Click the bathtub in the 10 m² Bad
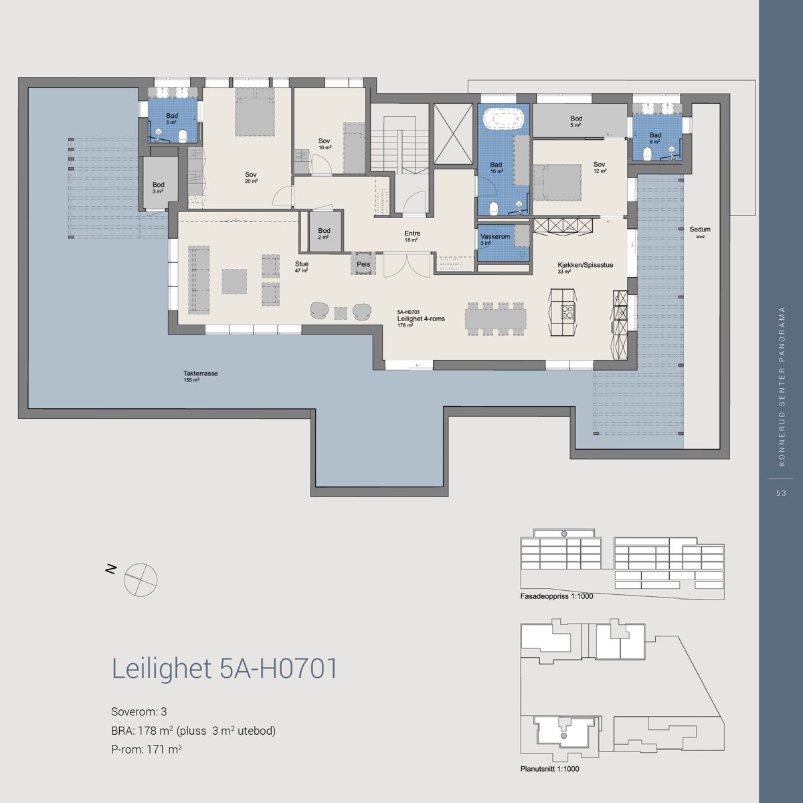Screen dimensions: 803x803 (x=503, y=120)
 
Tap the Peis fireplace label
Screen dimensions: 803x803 (x=363, y=264)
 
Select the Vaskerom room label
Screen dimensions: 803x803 (x=495, y=237)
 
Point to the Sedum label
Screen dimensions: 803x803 (x=700, y=230)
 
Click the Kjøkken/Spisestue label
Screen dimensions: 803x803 (x=585, y=264)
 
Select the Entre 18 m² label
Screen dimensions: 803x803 (x=412, y=234)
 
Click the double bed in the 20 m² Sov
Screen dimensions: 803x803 (x=254, y=112)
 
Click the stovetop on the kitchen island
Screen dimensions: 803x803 (x=567, y=310)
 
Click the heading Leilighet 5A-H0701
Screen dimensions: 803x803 (x=224, y=668)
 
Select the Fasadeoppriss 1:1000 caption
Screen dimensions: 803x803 (x=556, y=596)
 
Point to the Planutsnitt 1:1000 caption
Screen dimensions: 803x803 (x=549, y=770)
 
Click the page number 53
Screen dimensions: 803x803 (x=780, y=493)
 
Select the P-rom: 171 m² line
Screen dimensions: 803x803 (x=147, y=749)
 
